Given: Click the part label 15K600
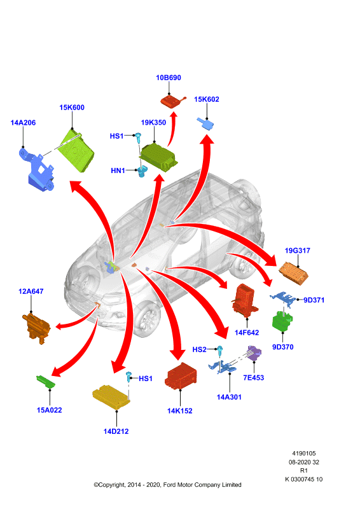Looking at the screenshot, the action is (72, 108).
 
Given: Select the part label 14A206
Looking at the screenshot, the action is (23, 123).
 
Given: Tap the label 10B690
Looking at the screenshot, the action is (169, 78).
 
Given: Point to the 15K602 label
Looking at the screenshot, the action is (207, 99).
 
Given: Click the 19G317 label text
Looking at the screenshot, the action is (297, 251).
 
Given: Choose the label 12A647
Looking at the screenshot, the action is (31, 291).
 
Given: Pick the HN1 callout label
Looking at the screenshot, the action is (118, 171).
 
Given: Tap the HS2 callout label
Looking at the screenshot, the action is (199, 349).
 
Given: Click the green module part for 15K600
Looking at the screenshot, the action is (77, 150).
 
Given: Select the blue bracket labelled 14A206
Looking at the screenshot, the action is (36, 171).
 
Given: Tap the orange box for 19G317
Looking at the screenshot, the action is (293, 274).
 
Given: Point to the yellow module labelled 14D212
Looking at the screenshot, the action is (111, 396).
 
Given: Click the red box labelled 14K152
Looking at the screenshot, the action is (181, 376).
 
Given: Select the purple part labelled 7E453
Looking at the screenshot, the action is (254, 354).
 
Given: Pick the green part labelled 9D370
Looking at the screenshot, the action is (282, 321).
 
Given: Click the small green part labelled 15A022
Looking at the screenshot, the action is (46, 382).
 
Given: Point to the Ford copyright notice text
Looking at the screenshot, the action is (167, 485).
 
